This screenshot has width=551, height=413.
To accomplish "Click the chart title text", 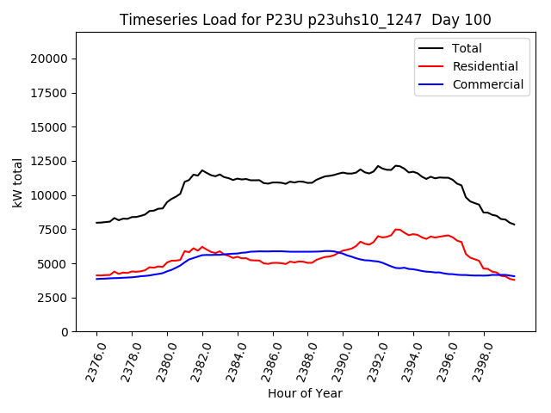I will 306,20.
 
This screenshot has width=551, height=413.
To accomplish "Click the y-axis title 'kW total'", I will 18,182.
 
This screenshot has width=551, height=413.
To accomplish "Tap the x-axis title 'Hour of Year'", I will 305,393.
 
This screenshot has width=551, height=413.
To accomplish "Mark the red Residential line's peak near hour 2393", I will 396,230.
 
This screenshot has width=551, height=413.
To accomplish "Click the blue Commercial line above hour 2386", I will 273,251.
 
